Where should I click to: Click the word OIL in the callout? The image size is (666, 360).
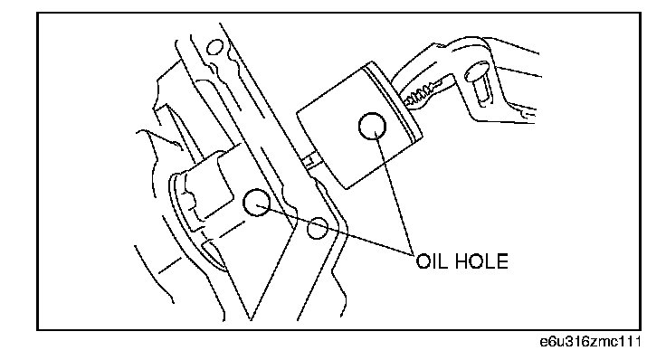point(431,261)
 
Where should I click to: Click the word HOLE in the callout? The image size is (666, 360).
point(481,261)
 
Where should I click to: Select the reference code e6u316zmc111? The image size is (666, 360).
point(590,342)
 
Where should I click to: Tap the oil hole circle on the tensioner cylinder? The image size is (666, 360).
point(373,126)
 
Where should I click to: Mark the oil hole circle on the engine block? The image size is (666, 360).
point(257,202)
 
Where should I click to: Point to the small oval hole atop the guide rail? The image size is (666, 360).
point(215,47)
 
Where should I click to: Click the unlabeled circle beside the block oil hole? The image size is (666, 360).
point(318,228)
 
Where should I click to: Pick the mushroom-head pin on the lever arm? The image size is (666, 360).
point(479,83)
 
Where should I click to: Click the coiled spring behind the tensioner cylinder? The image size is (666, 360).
point(421,95)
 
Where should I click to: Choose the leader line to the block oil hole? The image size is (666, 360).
point(336,229)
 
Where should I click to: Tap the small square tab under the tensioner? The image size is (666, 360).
point(311,160)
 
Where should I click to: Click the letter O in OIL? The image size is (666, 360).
point(423,261)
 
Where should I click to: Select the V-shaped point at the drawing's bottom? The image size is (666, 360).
point(251,319)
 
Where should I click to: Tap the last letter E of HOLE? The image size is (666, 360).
point(502,261)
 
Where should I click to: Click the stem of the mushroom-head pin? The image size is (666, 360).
point(482,93)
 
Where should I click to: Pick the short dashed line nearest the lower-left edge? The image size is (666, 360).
point(169,266)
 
